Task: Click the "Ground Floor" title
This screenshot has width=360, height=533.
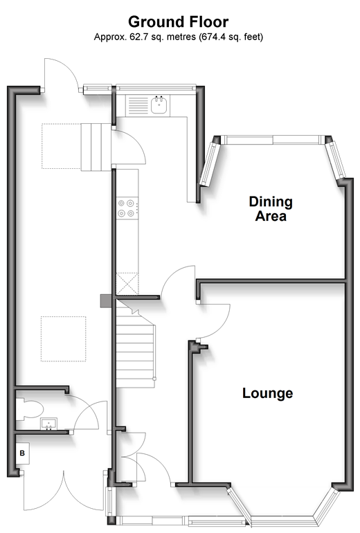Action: tap(178, 22)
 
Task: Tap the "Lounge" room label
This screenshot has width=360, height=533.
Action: tap(267, 393)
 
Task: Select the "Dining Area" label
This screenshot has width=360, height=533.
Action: tap(271, 209)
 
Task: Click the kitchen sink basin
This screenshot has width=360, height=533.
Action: tap(159, 105)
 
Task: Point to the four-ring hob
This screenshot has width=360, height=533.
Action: tap(127, 208)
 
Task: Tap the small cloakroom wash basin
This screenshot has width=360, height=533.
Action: tap(49, 424)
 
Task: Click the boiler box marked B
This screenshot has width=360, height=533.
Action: tap(22, 453)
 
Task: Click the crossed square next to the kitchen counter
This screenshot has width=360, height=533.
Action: tap(127, 284)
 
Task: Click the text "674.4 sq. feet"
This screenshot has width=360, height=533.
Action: tap(229, 37)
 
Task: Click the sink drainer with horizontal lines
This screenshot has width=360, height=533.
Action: tap(138, 105)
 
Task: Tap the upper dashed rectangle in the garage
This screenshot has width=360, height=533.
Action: tap(62, 146)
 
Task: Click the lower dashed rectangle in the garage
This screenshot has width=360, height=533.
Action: tap(63, 339)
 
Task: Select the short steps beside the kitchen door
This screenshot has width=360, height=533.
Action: tap(96, 147)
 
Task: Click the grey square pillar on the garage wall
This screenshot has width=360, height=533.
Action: tap(106, 301)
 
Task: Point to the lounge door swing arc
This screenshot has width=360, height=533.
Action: tap(222, 327)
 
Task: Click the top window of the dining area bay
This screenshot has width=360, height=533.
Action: tap(273, 140)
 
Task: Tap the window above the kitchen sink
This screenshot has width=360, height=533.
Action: tap(156, 88)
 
